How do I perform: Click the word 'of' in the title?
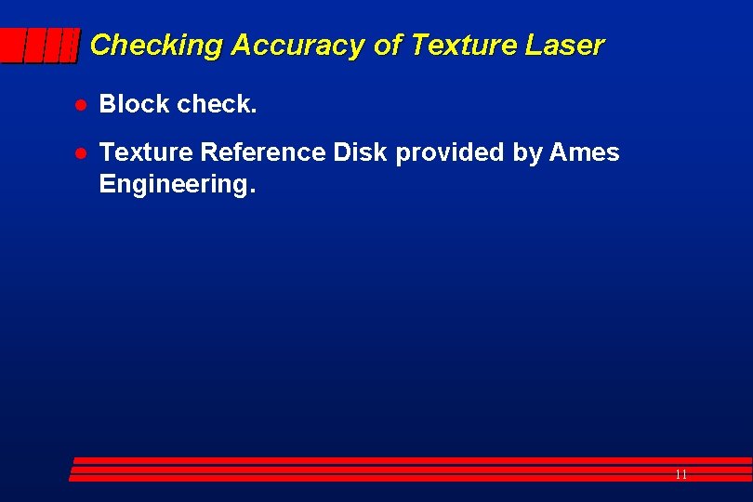387,45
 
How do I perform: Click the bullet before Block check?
81,105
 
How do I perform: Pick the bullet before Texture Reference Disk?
81,153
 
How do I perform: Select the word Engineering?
176,184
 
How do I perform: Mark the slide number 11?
680,474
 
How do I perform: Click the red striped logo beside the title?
39,45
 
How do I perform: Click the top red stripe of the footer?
409,460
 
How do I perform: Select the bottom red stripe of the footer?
409,479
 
